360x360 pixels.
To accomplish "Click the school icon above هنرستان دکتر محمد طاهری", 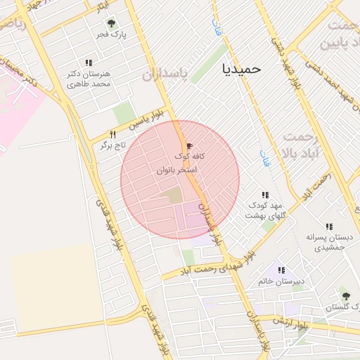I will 89,63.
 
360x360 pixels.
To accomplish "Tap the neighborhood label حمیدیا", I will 241,69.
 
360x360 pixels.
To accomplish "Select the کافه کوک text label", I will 186,157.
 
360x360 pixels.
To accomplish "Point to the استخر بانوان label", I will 176,170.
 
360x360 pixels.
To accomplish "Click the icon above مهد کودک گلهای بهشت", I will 265,195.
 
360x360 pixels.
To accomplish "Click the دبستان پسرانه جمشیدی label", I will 326,242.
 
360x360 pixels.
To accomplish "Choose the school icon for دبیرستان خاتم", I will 281,270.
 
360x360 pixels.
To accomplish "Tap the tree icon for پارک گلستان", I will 345,292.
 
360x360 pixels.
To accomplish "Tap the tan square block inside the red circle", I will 174,195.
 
